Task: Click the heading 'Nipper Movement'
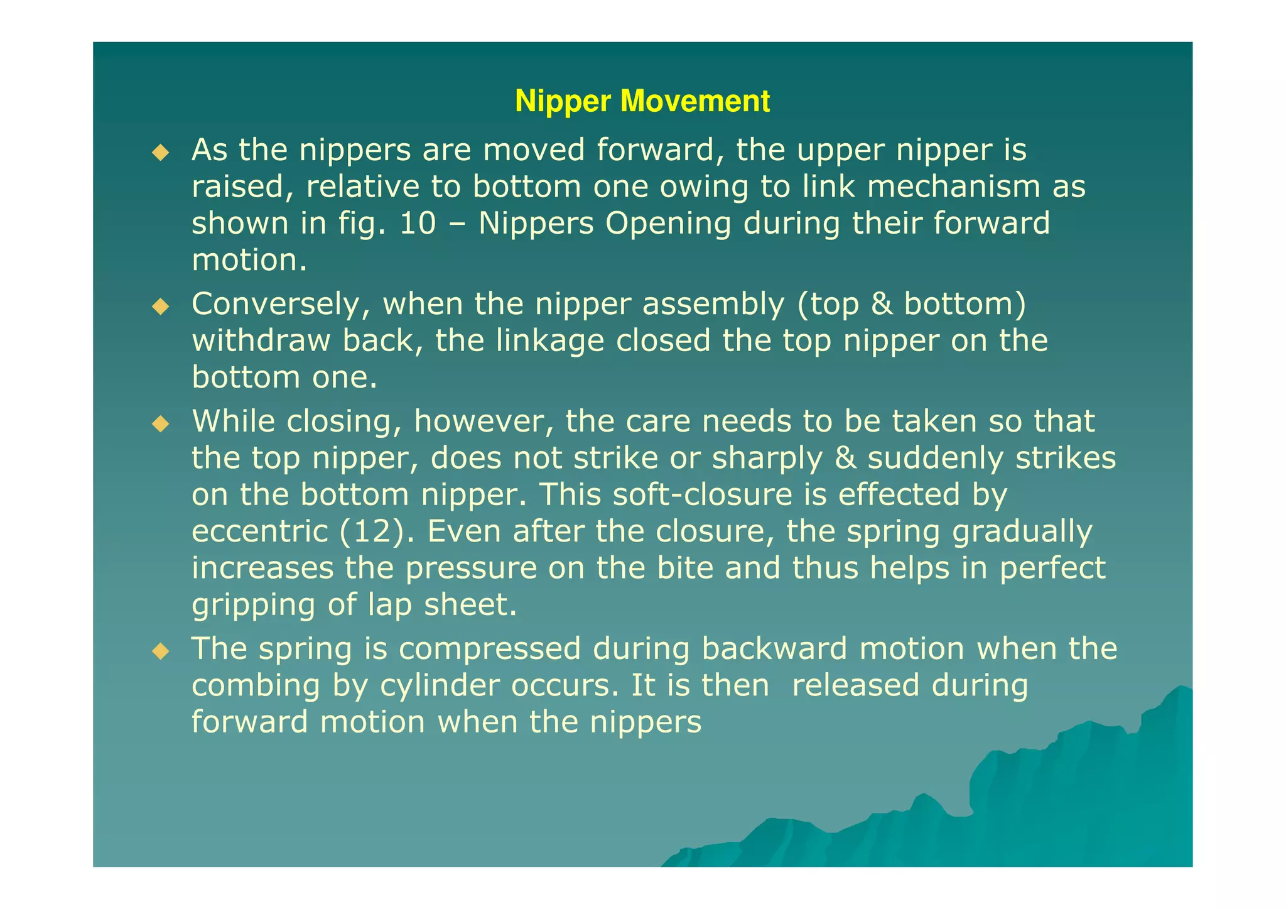[642, 101]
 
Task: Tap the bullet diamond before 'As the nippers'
[161, 152]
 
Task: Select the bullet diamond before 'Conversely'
[161, 307]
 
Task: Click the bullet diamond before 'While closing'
[161, 423]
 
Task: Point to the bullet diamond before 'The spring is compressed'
[161, 651]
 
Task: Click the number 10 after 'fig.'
[417, 224]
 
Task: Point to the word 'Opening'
[668, 224]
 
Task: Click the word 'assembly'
[713, 305]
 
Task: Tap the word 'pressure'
[471, 568]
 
